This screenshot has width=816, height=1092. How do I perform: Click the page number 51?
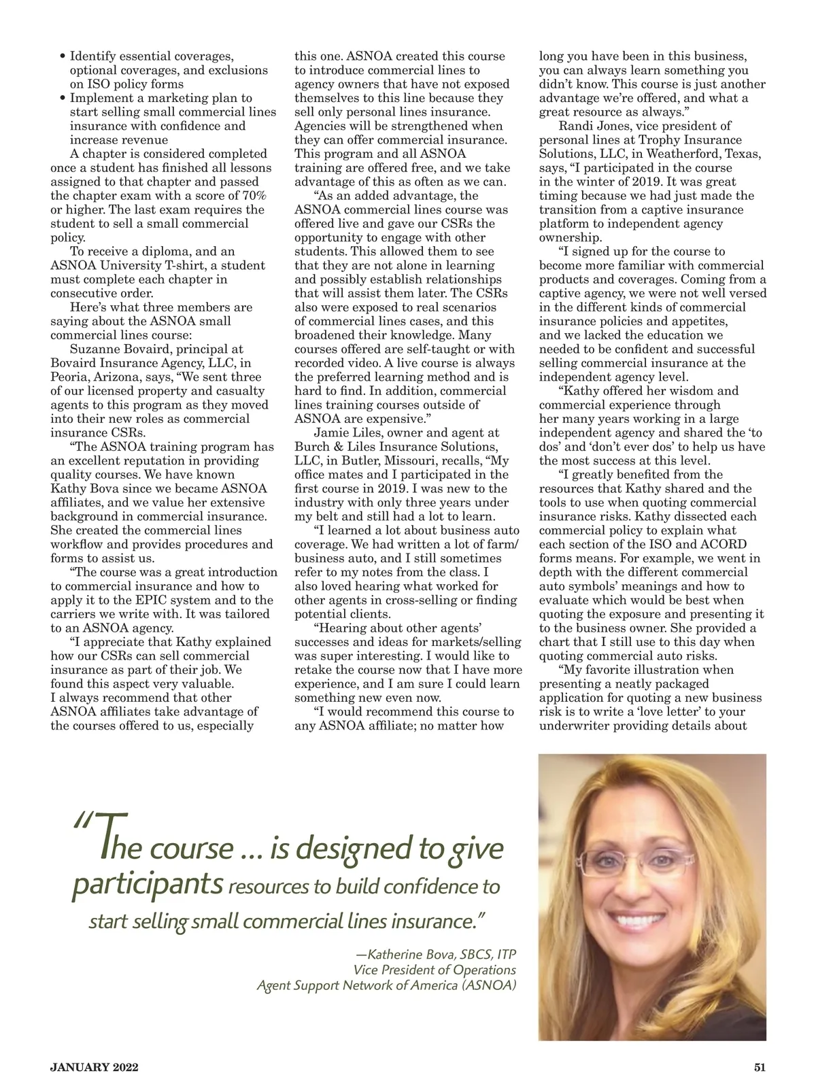760,1067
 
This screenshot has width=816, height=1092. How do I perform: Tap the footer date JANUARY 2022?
95,1068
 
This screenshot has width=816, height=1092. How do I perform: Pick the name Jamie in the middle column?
331,432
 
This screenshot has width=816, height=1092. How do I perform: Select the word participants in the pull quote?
147,885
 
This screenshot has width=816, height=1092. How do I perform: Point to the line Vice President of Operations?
435,970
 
